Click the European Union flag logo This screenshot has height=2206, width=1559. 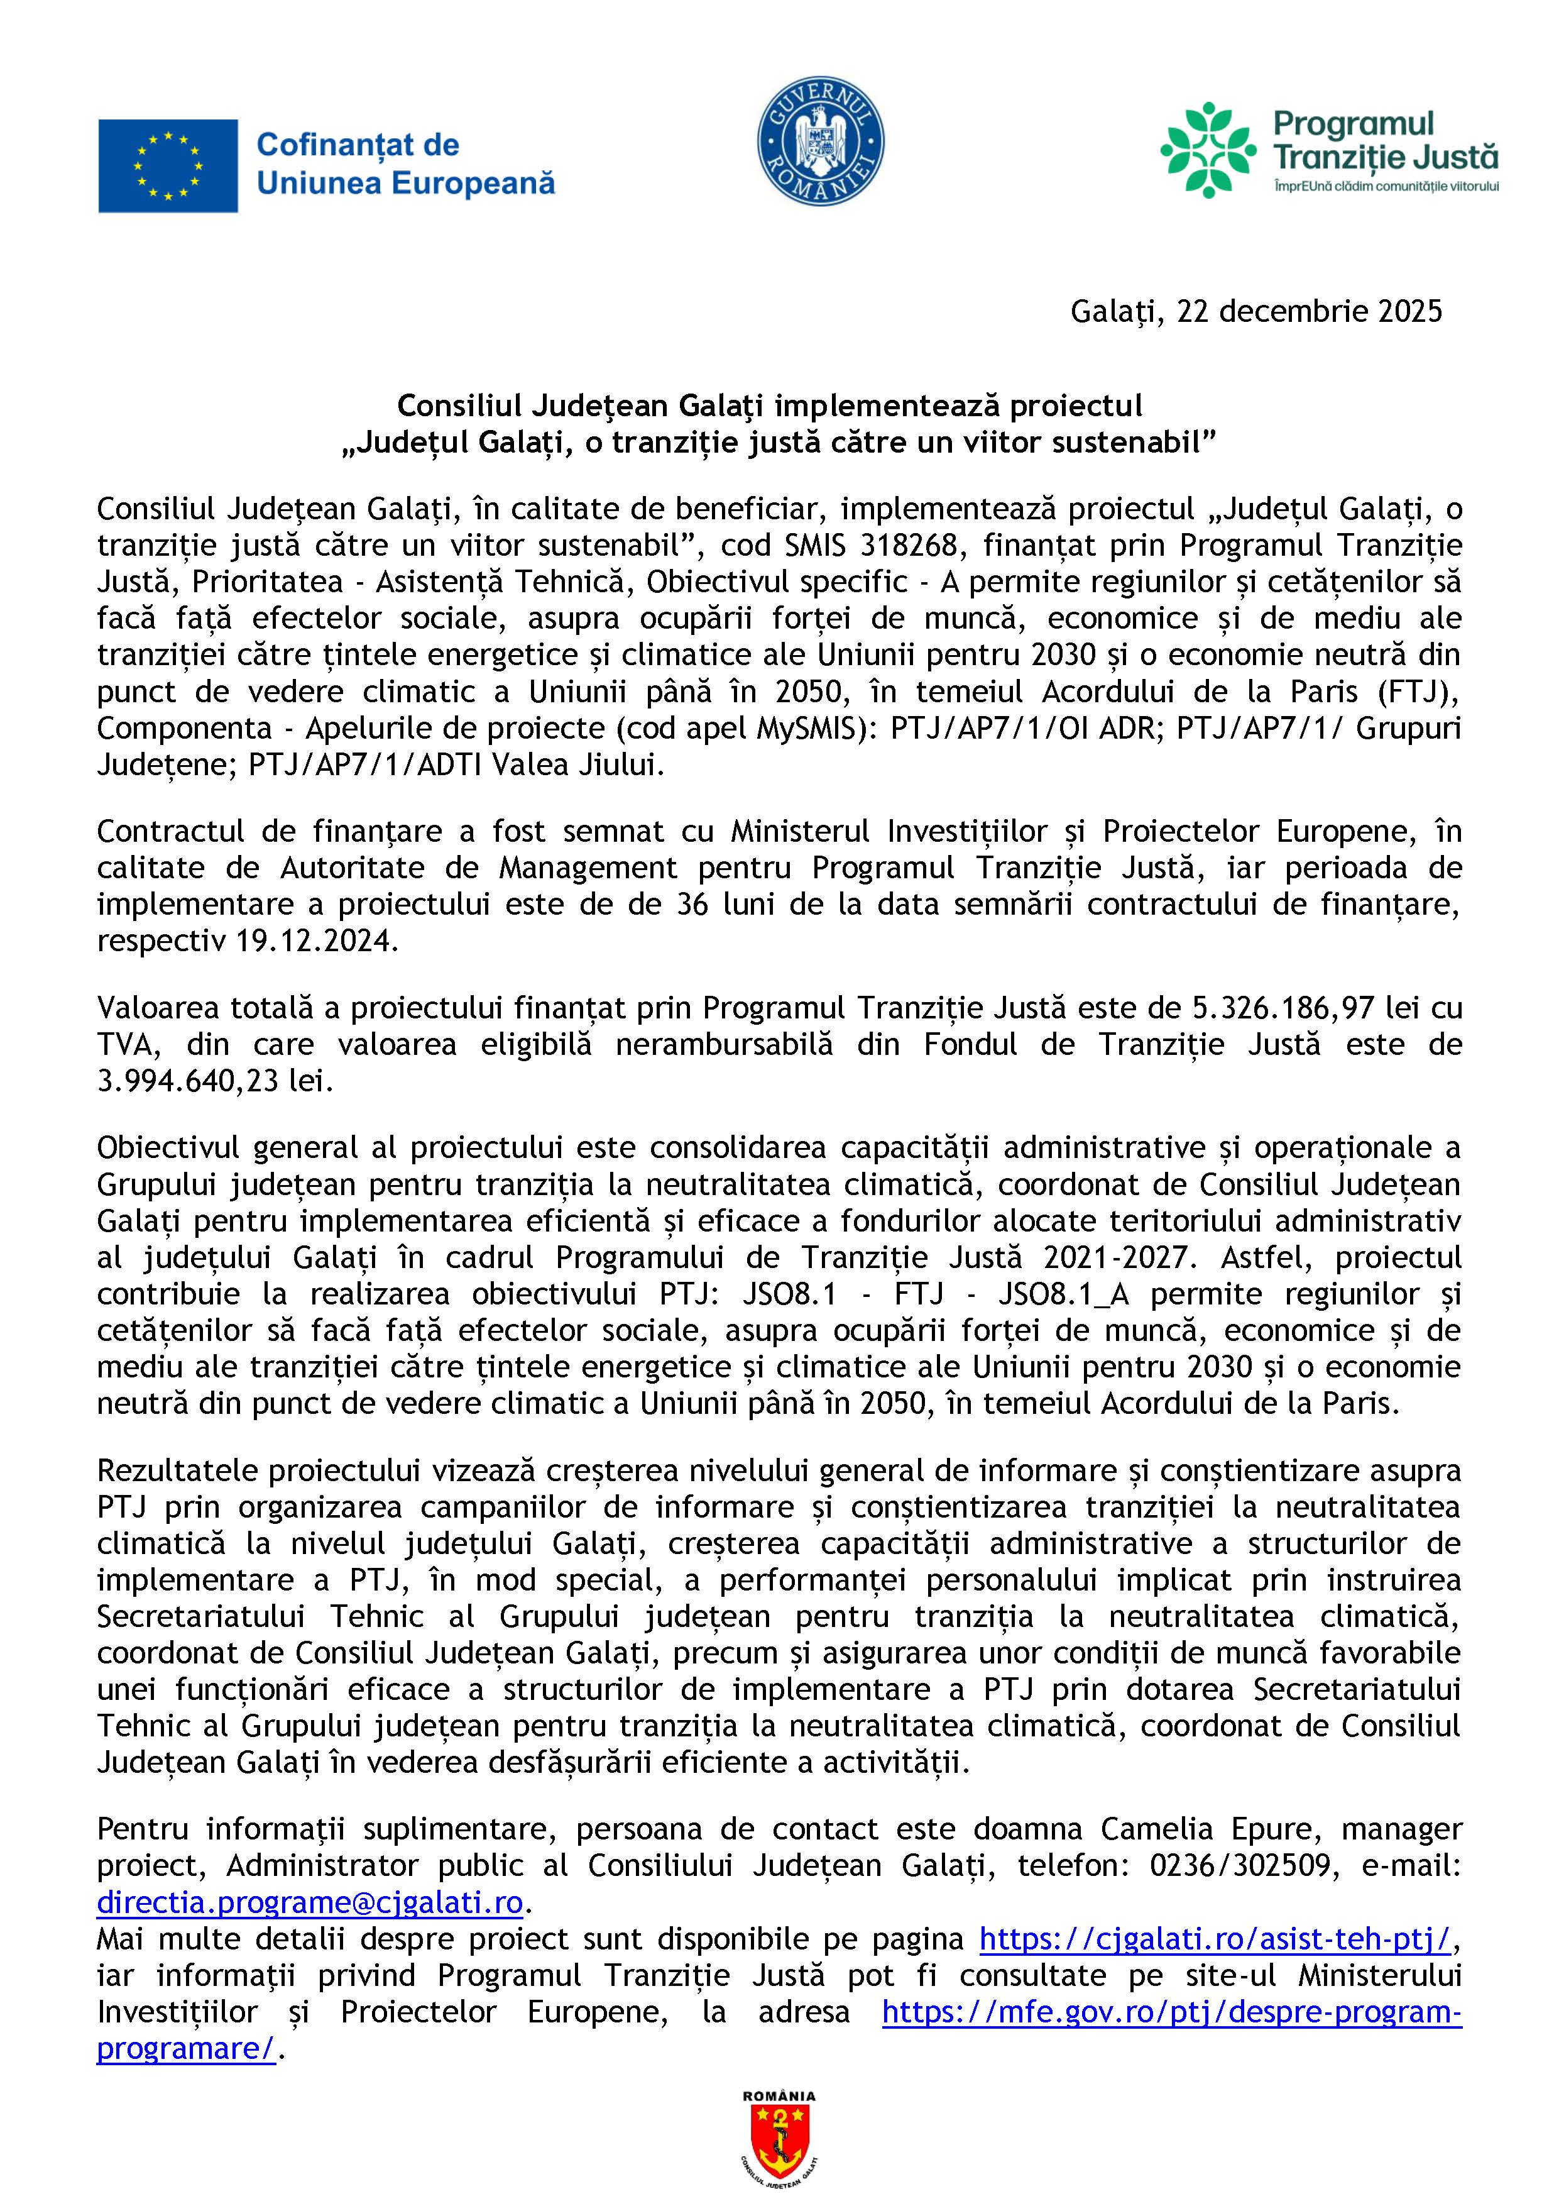168,165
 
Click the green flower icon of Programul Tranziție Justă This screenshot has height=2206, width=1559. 1208,151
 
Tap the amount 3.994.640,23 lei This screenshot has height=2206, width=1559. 214,1081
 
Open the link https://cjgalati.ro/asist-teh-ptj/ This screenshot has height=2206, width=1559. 1214,1939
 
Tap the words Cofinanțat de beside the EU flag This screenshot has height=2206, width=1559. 358,145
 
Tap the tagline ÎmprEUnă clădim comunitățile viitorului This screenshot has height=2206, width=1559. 1385,185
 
